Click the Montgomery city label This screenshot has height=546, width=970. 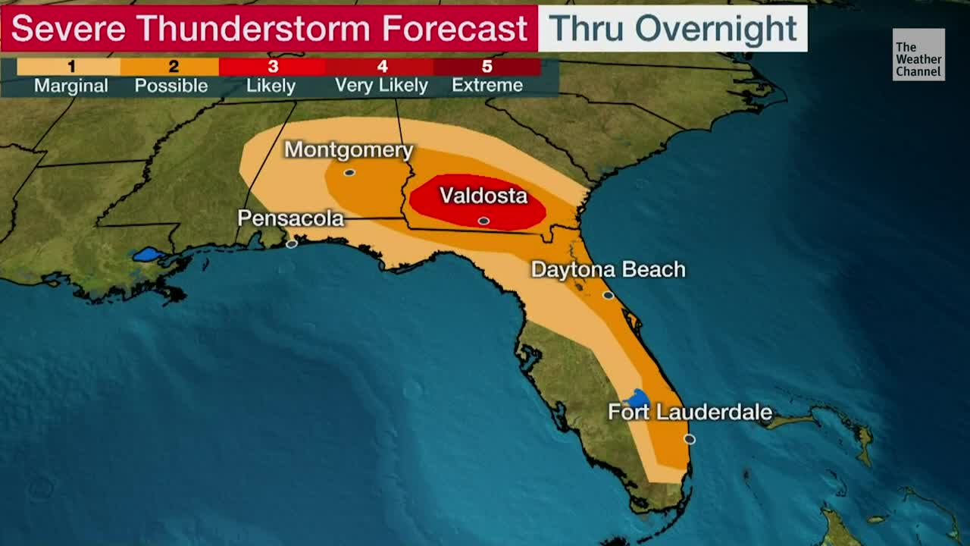pos(349,150)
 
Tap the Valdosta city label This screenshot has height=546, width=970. pos(483,196)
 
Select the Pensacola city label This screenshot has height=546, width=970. pos(291,218)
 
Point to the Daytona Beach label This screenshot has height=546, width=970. pos(608,270)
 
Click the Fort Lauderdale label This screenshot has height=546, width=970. pos(690,413)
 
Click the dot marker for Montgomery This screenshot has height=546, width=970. pos(349,173)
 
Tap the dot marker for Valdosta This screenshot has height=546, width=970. pos(483,221)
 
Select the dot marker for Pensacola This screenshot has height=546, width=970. pos(292,243)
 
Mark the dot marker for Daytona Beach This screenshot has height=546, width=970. pos(608,295)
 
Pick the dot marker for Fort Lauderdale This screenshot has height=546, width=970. pos(689,439)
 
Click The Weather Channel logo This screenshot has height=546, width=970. pos(918,55)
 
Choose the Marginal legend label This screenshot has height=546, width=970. pos(70,86)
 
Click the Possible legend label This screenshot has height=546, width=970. pos(171,86)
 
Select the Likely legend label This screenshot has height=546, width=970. pos(271,86)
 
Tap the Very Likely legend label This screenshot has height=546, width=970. pos(381,86)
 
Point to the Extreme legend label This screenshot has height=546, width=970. pos(487,86)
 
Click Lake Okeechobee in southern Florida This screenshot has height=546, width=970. pos(638,398)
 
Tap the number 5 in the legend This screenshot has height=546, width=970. pos(487,67)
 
